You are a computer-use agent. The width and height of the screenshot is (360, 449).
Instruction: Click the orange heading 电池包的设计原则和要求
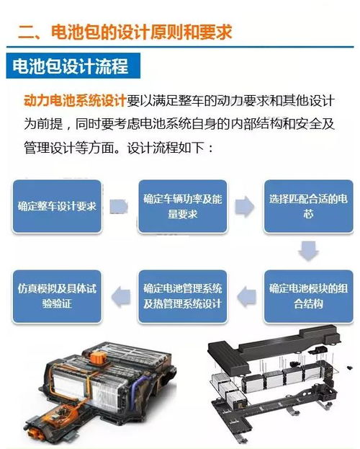pyautogui.click(x=141, y=32)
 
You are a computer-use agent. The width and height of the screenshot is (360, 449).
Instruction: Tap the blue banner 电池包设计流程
pyautogui.click(x=73, y=66)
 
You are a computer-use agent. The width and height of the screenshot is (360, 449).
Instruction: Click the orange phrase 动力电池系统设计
pyautogui.click(x=75, y=100)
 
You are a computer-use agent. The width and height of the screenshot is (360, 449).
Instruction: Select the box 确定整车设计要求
pyautogui.click(x=57, y=206)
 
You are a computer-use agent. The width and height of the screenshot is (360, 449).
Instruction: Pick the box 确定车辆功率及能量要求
pyautogui.click(x=183, y=206)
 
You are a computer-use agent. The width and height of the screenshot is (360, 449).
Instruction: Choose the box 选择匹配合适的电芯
pyautogui.click(x=308, y=206)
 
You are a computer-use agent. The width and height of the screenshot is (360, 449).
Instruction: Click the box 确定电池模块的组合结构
pyautogui.click(x=308, y=296)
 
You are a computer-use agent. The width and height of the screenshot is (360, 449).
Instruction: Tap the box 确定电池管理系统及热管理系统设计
pyautogui.click(x=183, y=296)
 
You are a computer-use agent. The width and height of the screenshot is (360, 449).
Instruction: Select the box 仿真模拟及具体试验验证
pyautogui.click(x=57, y=296)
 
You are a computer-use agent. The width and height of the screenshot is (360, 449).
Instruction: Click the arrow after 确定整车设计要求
pyautogui.click(x=119, y=206)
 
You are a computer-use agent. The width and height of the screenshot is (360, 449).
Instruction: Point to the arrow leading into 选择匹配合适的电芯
pyautogui.click(x=245, y=206)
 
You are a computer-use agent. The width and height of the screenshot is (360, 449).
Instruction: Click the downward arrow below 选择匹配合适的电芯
pyautogui.click(x=308, y=251)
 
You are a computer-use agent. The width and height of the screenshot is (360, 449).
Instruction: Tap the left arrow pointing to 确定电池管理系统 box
pyautogui.click(x=246, y=296)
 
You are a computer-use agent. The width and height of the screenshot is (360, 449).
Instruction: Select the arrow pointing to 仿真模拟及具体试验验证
pyautogui.click(x=121, y=296)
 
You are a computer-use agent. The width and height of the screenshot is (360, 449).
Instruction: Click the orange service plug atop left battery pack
pyautogui.click(x=98, y=359)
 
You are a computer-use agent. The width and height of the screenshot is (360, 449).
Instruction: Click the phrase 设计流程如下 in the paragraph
pyautogui.click(x=166, y=148)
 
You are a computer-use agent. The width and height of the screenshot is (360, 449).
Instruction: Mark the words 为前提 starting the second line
pyautogui.click(x=43, y=124)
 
